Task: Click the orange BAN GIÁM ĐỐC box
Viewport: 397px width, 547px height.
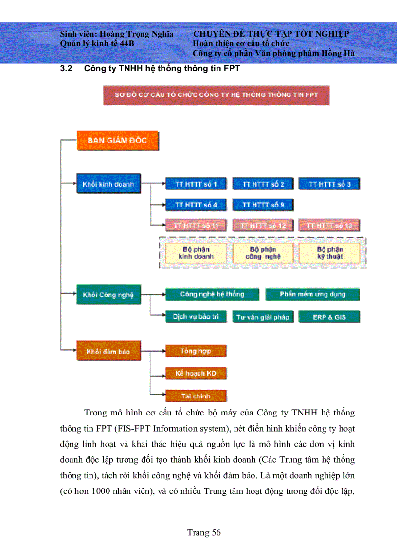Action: click(117, 140)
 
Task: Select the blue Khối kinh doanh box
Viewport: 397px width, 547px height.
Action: click(108, 184)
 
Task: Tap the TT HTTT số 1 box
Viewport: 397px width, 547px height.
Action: click(196, 184)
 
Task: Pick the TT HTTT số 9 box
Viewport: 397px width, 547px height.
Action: click(263, 205)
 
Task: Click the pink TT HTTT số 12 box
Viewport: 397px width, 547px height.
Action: click(263, 226)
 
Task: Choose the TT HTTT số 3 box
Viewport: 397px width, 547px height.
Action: click(329, 184)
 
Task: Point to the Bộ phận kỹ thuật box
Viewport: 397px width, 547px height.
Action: click(329, 253)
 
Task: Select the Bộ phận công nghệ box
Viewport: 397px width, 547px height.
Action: click(263, 253)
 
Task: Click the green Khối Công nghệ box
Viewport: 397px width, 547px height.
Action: click(108, 294)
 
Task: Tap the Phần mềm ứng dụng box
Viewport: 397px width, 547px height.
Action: click(312, 294)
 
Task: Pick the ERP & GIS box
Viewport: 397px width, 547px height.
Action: click(329, 317)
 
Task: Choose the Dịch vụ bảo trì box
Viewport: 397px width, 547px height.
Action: click(196, 317)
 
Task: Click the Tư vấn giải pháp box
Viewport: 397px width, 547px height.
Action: click(263, 317)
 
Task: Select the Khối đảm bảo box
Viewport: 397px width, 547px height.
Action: click(108, 351)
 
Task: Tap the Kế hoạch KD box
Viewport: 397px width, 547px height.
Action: click(196, 373)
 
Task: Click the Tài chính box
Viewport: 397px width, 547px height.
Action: click(196, 396)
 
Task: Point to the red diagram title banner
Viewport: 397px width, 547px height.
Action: click(216, 95)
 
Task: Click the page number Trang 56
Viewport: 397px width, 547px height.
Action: click(204, 532)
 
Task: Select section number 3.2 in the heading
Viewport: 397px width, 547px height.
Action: click(66, 68)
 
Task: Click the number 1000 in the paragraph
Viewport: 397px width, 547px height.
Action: click(101, 491)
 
